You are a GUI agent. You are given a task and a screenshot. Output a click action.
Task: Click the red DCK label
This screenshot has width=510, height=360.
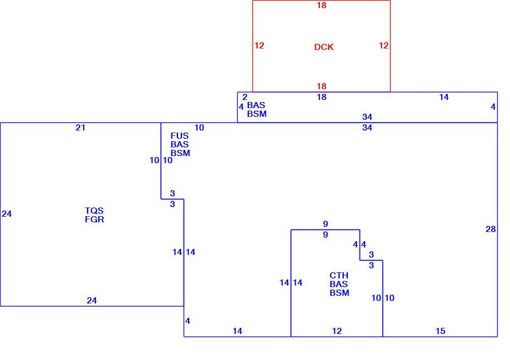tap(324, 47)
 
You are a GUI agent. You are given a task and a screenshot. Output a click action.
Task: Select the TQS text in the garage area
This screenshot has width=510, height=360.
tap(94, 211)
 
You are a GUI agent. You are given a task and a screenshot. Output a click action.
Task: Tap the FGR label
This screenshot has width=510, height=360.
tap(94, 219)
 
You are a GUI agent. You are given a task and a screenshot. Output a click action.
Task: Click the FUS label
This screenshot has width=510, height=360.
tap(180, 136)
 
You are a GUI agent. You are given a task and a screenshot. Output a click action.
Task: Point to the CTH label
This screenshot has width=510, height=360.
tap(339, 275)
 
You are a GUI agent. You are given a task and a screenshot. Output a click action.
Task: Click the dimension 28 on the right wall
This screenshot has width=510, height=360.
tap(491, 229)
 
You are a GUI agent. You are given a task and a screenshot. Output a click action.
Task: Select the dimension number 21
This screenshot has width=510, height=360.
tap(81, 128)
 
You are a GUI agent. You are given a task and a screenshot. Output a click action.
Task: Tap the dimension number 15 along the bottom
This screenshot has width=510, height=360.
tap(441, 331)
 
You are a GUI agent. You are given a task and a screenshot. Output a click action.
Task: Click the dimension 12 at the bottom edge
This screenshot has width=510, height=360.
tap(337, 331)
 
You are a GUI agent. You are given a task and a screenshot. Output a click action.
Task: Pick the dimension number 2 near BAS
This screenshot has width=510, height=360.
tap(245, 97)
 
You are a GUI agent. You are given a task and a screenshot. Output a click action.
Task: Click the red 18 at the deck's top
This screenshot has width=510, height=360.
tap(322, 5)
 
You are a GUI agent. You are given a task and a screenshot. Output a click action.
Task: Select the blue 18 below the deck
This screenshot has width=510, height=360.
tap(322, 97)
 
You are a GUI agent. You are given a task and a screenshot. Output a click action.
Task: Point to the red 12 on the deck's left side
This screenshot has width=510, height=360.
tap(259, 45)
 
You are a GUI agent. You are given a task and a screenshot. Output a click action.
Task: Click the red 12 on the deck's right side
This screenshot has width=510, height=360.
tap(384, 45)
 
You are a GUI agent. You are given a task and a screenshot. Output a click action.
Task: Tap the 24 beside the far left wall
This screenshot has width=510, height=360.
tap(7, 214)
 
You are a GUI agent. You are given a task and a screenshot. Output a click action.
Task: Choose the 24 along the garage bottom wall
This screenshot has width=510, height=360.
tap(92, 300)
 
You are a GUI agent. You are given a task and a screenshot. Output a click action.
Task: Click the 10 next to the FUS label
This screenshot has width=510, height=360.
tap(199, 128)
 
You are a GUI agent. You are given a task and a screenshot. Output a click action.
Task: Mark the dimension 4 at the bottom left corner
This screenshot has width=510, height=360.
tap(188, 321)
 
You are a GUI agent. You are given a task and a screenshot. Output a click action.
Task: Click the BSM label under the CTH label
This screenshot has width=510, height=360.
tap(340, 293)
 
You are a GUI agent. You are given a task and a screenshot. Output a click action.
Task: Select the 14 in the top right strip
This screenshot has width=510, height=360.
tap(444, 97)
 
